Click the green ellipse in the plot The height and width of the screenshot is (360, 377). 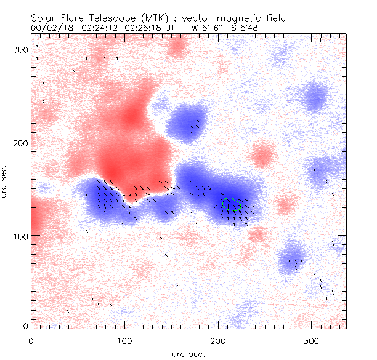point(231,204)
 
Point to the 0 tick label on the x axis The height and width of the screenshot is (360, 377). point(31,340)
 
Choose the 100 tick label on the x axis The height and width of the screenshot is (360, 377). point(124,340)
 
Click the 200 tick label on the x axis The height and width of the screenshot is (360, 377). point(218,340)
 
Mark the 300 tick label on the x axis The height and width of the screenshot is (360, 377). point(312,340)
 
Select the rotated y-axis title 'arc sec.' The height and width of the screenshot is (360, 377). point(6,182)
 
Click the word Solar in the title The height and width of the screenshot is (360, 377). point(43,18)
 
